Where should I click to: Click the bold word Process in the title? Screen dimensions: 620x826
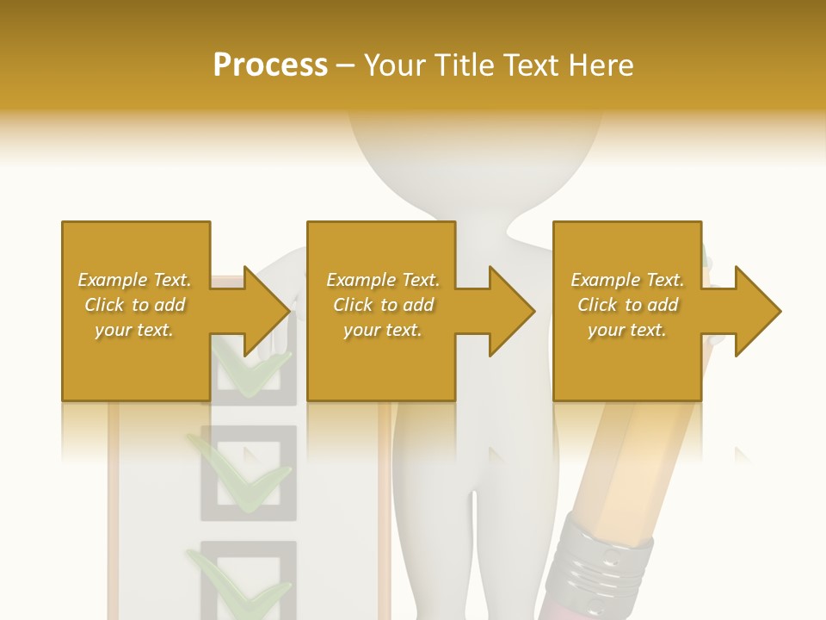(270, 65)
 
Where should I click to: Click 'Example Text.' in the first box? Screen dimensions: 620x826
(134, 280)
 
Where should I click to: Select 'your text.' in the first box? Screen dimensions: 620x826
(134, 330)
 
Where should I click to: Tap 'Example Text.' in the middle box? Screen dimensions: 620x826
(383, 280)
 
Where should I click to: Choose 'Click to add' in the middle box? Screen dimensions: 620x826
(383, 305)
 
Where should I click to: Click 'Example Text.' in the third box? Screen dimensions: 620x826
(627, 280)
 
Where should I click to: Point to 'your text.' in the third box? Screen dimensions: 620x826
(627, 330)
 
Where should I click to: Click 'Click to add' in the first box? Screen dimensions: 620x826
(134, 305)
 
